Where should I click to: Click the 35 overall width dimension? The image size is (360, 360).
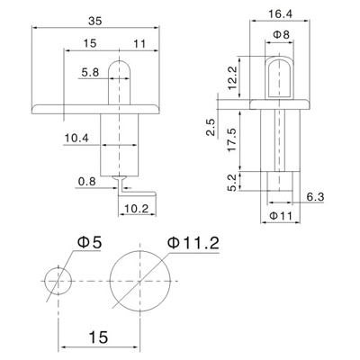(95, 21)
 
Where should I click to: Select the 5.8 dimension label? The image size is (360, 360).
(90, 72)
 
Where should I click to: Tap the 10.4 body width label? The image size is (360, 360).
(76, 139)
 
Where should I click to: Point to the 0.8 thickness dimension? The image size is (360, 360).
(86, 181)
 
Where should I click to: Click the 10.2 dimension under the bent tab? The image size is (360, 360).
(136, 209)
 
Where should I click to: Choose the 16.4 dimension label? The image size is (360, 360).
(280, 14)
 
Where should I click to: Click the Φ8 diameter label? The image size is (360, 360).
(282, 34)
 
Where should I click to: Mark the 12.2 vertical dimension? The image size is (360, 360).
(232, 78)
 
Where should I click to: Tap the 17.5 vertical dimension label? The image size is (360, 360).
(232, 139)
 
